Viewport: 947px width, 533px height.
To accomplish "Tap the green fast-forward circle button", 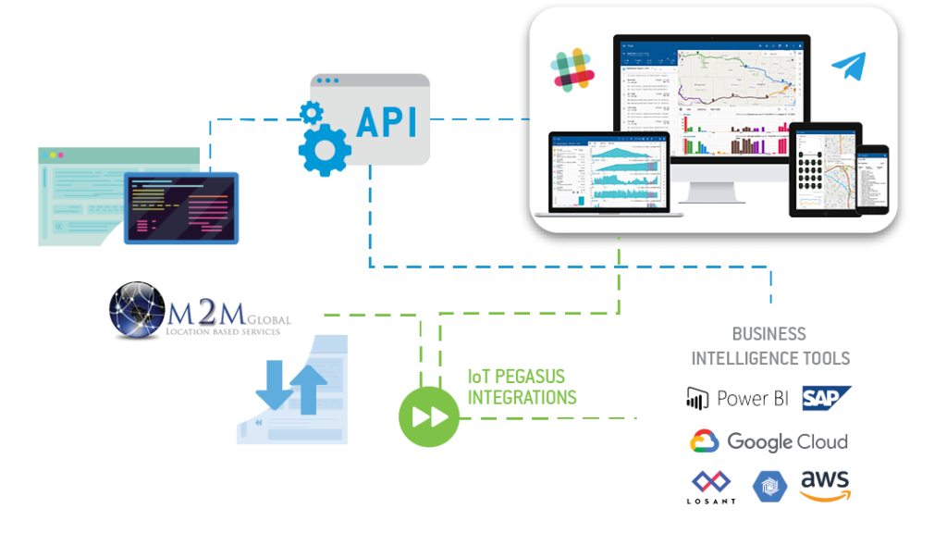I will point(428,416).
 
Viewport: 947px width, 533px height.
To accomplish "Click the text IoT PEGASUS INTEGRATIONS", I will point(522,387).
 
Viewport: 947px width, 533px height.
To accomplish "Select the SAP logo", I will point(826,398).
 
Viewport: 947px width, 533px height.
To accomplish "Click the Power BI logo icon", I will point(696,399).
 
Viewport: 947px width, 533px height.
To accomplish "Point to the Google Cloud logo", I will point(705,441).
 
